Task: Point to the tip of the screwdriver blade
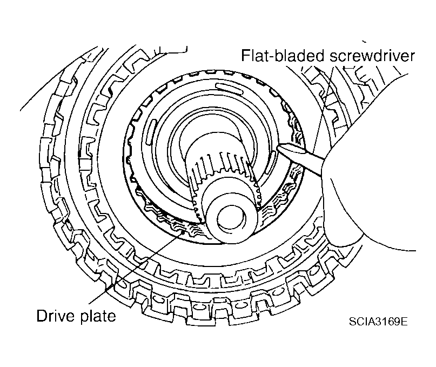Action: [x=277, y=145]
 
